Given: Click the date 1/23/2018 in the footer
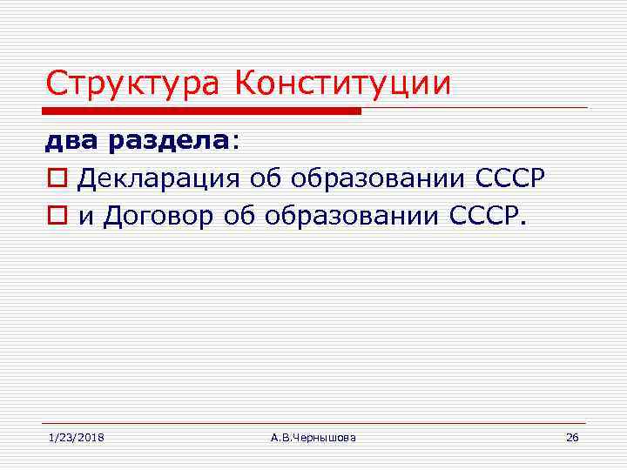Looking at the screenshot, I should point(76,437).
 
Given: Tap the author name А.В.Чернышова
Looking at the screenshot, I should point(313,437).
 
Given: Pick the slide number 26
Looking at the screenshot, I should point(572,437).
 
